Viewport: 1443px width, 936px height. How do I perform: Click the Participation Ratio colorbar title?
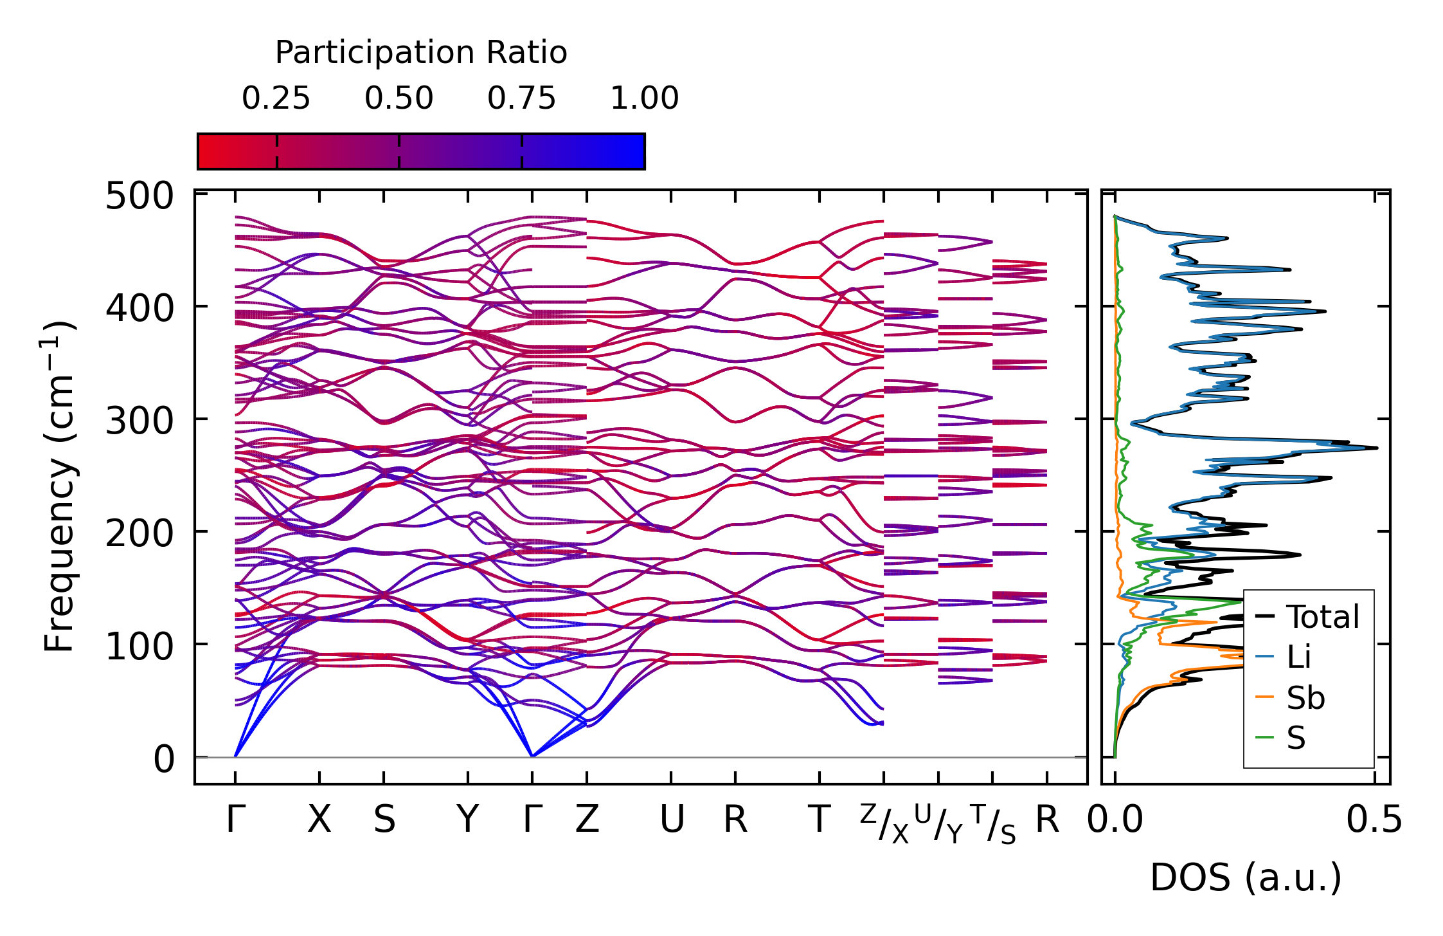coord(421,53)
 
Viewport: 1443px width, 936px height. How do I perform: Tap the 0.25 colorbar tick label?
coord(276,98)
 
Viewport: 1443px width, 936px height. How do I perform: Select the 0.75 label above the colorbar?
coord(521,98)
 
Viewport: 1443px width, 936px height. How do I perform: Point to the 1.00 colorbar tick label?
coord(644,98)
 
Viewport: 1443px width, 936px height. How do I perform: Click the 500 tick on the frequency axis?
coord(139,196)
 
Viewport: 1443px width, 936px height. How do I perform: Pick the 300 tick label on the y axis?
coord(139,421)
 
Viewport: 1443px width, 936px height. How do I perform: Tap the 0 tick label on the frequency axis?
coord(164,759)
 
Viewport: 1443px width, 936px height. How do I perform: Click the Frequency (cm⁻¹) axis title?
coord(59,486)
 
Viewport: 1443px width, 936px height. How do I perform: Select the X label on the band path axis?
coord(319,820)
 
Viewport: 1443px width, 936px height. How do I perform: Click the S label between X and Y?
coord(384,820)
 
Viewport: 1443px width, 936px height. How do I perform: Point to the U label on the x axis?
coord(672,820)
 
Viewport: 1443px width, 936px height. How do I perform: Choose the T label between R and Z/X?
coord(819,820)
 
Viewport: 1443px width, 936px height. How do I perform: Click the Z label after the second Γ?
coord(587,820)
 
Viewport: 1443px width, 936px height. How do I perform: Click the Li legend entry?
coord(1298,657)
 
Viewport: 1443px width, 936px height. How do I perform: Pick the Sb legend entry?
coord(1305,698)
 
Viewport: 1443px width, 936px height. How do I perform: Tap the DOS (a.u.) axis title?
coord(1246,877)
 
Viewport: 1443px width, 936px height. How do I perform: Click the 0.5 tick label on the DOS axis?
coord(1374,820)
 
